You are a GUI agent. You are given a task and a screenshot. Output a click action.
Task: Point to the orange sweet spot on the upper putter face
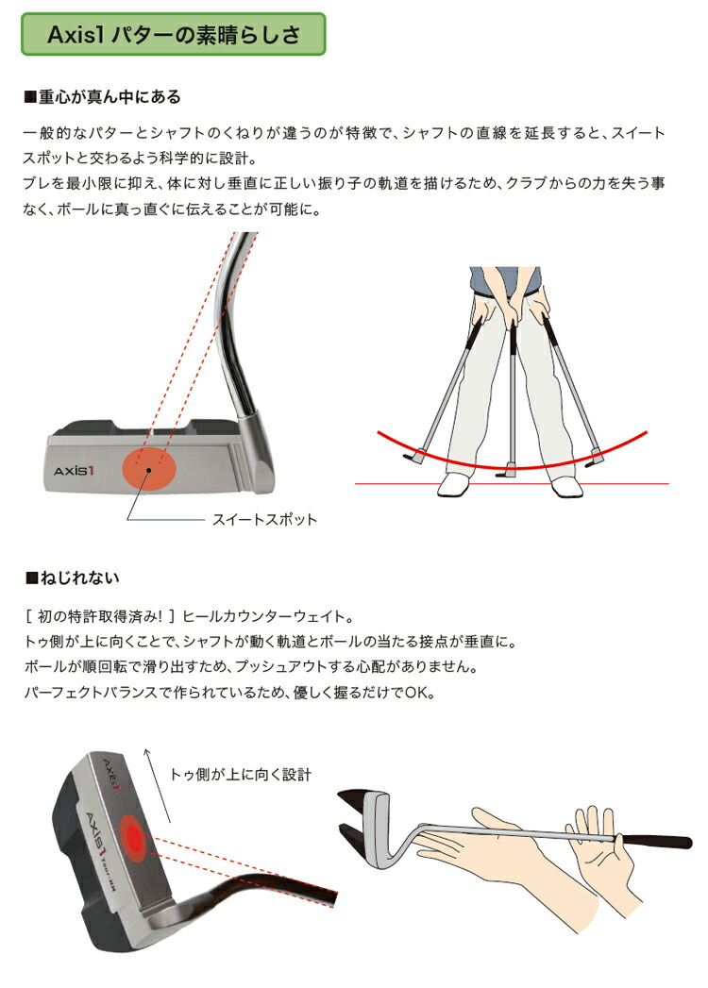click(x=149, y=465)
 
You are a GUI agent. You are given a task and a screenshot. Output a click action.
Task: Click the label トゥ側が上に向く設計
click(x=240, y=774)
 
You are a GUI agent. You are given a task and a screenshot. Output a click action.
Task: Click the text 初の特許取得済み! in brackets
click(x=98, y=618)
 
